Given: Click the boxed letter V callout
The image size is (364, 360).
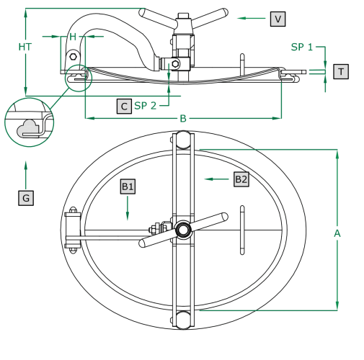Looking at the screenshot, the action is point(278,19).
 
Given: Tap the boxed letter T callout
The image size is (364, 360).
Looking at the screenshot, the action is point(341,71).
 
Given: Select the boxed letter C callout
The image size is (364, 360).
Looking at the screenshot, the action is point(124,106).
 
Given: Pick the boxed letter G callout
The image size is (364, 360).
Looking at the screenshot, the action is point(26,198).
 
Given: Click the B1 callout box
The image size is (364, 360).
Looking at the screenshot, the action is point(128,186).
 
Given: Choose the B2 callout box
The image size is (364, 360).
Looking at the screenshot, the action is point(241,179).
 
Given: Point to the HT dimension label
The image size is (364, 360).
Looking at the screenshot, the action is point(25,47).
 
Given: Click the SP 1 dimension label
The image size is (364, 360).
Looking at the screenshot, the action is point(302,47).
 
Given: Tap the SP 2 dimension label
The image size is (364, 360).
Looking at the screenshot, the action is point(146,106).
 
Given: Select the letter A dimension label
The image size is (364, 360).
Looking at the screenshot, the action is point(337,233).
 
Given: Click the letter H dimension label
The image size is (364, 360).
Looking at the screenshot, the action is point(73,37).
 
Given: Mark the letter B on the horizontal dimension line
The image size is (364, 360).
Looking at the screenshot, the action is point(183,118).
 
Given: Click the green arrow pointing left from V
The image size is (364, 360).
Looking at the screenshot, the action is point(252,18).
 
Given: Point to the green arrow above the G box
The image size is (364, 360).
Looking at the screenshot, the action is point(26,175).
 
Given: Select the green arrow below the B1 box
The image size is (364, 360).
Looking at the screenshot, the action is point(128,208).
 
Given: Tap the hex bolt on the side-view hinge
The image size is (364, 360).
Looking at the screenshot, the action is point(73,57).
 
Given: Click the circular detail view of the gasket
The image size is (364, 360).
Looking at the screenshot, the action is point(29,122).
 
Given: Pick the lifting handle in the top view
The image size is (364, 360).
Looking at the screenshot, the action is point(242,230).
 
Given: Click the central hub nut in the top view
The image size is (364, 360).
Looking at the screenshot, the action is point(183,230).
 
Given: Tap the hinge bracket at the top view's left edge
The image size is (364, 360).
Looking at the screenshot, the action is point(73,230).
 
